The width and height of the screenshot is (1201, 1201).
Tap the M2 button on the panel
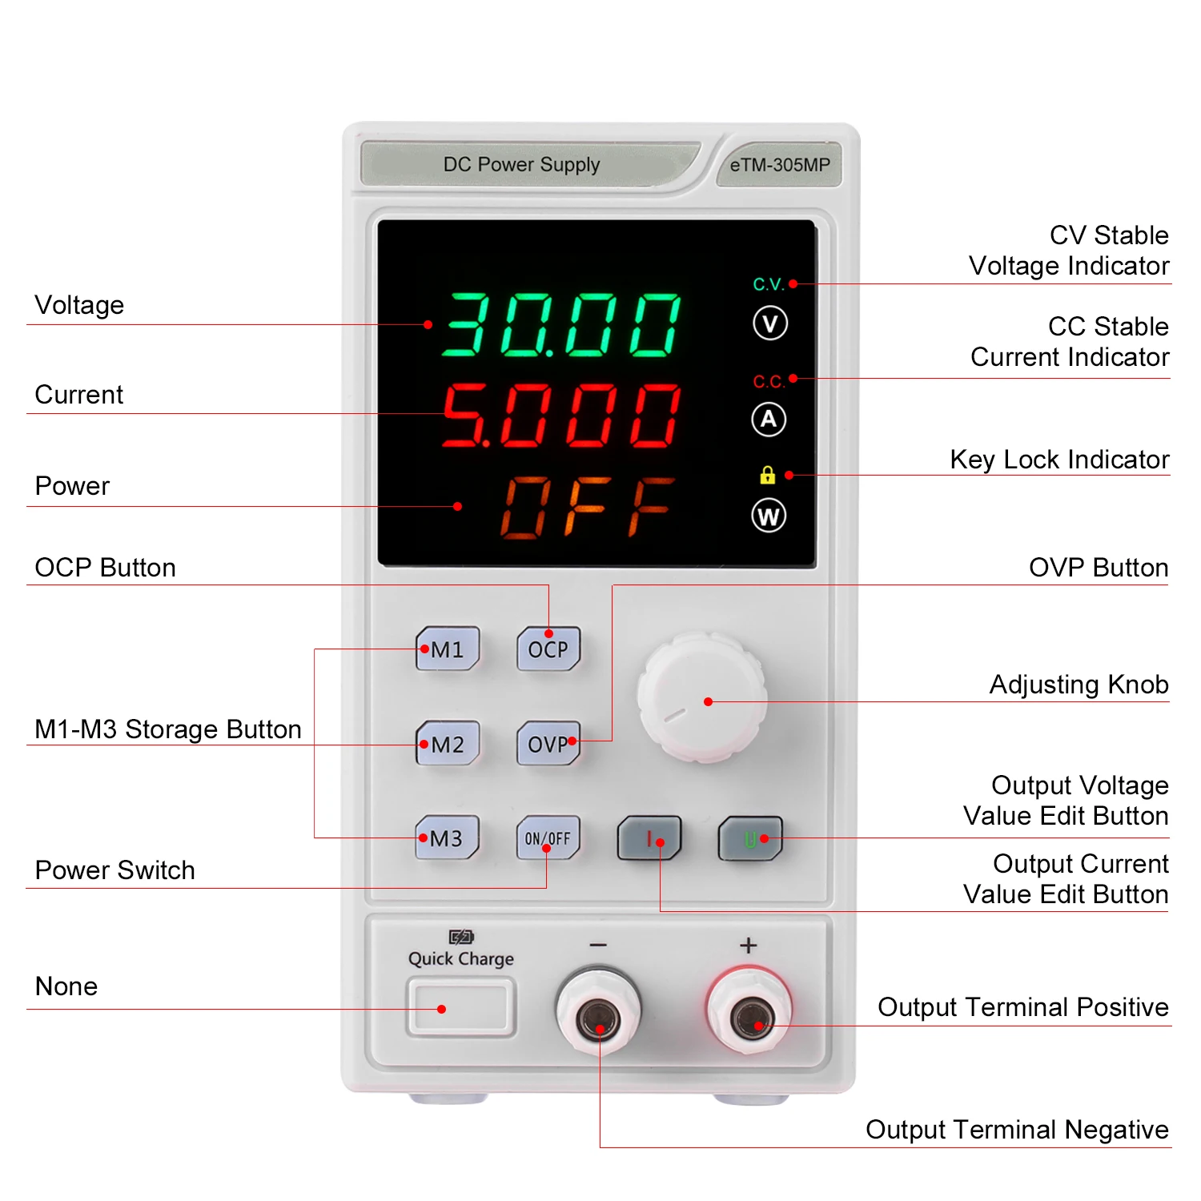(448, 744)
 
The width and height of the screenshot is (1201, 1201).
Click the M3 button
(447, 838)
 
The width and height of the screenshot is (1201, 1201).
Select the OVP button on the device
(548, 744)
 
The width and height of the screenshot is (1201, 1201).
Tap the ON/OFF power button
(548, 838)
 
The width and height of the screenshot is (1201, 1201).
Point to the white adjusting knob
(702, 697)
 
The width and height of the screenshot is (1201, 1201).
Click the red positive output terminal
(749, 1017)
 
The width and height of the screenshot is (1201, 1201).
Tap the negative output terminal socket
(598, 1017)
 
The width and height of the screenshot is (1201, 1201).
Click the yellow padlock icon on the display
(767, 475)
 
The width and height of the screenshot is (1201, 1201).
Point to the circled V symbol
(770, 323)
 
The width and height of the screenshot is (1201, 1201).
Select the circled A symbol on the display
(769, 419)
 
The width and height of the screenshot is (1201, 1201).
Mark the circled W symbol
(769, 516)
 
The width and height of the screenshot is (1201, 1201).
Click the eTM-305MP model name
(780, 165)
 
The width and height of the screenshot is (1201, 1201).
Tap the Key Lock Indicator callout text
(1058, 460)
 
